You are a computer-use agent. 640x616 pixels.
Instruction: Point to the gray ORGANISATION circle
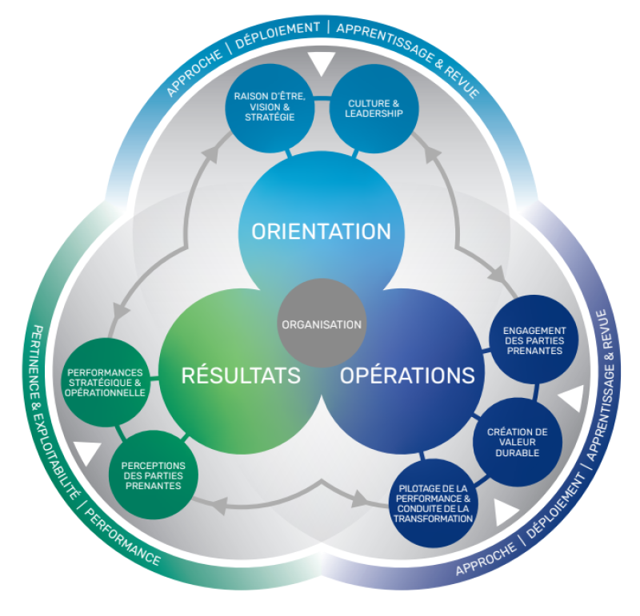pos(322,324)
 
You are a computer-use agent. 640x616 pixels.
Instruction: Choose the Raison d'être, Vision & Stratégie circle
pos(270,108)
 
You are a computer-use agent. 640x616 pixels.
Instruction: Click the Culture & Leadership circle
pos(374,109)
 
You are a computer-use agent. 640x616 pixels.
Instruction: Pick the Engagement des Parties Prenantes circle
pos(534,340)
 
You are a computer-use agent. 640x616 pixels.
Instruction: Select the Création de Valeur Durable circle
pos(518,442)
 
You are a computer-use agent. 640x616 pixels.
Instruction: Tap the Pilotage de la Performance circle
pos(434,503)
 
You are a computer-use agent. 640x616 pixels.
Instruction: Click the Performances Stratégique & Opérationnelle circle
pos(106,383)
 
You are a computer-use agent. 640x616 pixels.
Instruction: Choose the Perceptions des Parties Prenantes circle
pos(154,475)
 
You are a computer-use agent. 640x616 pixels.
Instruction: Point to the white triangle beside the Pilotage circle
pos(506,511)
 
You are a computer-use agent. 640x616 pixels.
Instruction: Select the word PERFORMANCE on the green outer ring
pos(122,538)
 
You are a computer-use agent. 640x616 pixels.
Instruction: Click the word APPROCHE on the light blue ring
pos(194,74)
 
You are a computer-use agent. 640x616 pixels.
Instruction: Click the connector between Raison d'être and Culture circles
pos(322,97)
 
